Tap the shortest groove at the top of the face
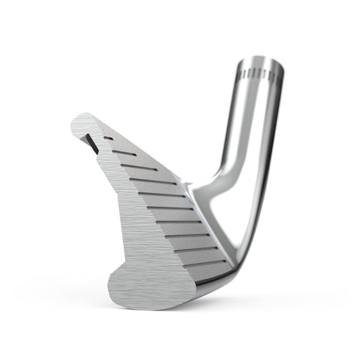click(108, 137)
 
